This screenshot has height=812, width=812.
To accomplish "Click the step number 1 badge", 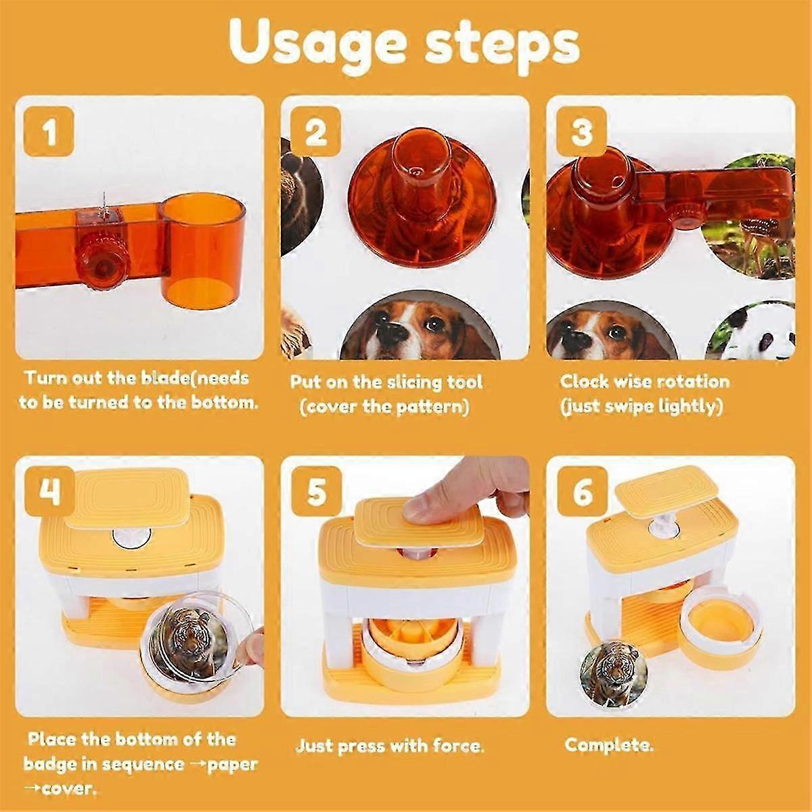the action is tap(49, 133).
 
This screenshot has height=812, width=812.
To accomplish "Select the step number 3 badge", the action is tap(582, 131).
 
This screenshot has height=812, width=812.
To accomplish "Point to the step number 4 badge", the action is tap(49, 493).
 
